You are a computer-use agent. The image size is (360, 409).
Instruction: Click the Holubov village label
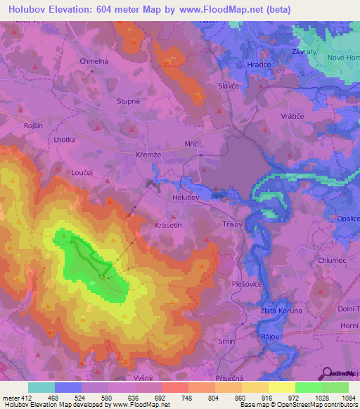[186, 197]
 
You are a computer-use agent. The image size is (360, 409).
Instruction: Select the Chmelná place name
[94, 61]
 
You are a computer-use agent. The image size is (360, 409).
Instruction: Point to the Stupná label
[129, 100]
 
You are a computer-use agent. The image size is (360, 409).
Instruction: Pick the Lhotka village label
[64, 140]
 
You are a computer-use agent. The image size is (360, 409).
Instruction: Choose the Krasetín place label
[168, 226]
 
